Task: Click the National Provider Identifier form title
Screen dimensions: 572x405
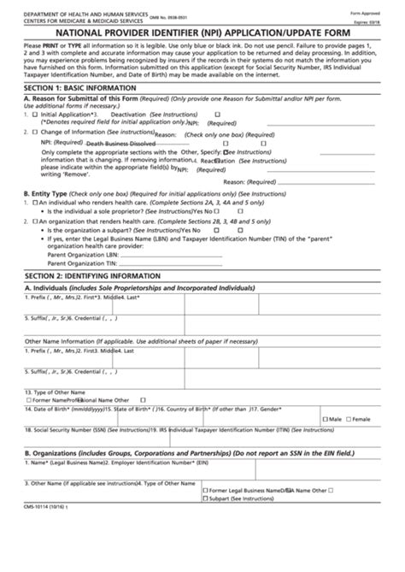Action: click(x=202, y=27)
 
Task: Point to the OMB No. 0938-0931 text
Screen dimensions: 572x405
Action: click(x=178, y=9)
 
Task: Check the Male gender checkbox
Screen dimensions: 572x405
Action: click(x=323, y=419)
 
